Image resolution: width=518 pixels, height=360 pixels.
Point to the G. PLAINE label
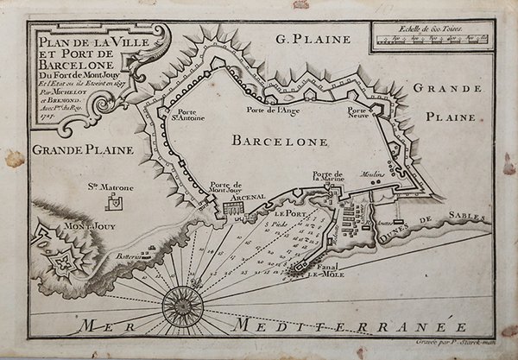(x=312, y=39)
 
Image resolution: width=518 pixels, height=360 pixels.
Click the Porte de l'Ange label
(x=272, y=111)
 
